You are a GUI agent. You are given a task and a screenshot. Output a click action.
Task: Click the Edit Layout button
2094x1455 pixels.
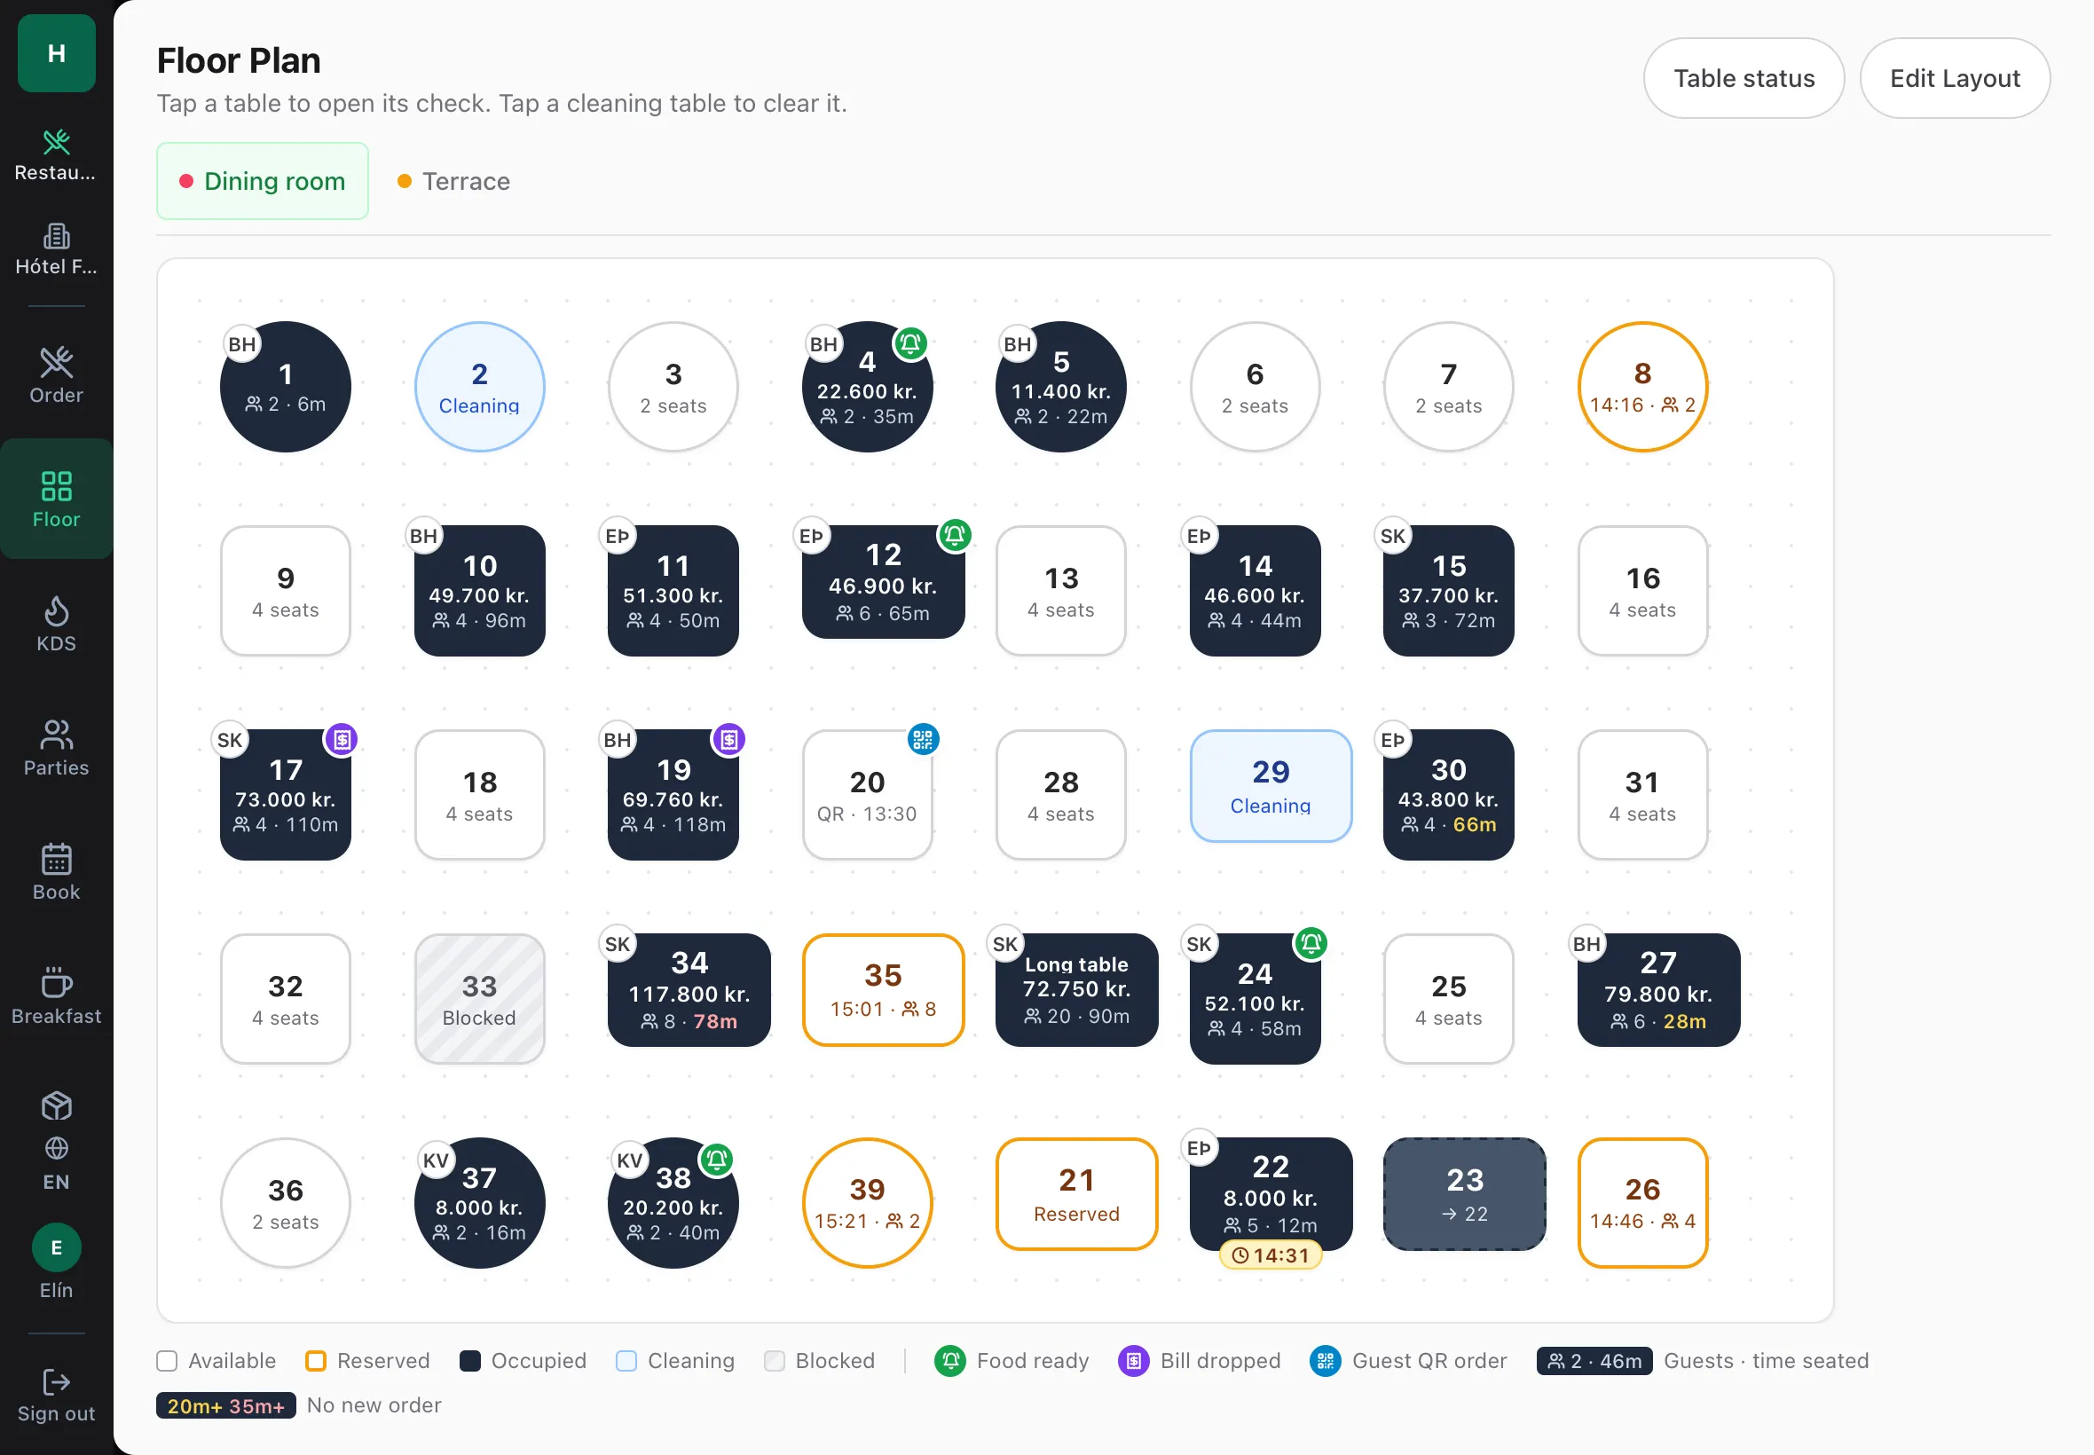[x=1955, y=78]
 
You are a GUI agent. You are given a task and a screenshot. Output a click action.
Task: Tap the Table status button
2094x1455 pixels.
[x=1743, y=78]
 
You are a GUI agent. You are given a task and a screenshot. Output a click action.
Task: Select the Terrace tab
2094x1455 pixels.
[x=454, y=181]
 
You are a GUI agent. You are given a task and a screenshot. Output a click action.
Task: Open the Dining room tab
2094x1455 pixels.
[x=263, y=181]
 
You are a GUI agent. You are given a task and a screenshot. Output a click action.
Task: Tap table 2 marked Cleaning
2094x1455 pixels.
[x=479, y=387]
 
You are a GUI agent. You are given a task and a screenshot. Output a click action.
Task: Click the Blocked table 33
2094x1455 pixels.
[x=479, y=998]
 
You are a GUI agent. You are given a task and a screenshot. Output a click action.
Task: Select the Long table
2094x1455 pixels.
[x=1076, y=989]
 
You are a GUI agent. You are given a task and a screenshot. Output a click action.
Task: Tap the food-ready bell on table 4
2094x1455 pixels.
[x=910, y=343]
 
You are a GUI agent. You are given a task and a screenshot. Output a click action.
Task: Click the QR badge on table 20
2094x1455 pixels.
[x=923, y=739]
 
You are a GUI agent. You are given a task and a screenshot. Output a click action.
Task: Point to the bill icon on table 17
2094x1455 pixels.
[x=342, y=739]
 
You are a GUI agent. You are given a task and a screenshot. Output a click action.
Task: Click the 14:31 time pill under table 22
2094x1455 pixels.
[x=1271, y=1255]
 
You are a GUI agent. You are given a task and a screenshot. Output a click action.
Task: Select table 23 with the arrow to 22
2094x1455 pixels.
[x=1464, y=1193]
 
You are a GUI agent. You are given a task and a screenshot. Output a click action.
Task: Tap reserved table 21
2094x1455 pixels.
[x=1076, y=1193]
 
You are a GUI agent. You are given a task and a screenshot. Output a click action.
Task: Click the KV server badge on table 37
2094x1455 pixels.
[x=436, y=1160]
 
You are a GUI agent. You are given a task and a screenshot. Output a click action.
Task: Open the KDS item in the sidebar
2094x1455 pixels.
[x=57, y=625]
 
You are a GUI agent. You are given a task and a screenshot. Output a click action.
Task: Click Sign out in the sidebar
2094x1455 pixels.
[x=57, y=1396]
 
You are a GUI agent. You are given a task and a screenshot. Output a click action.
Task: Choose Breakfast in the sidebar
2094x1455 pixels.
[x=57, y=996]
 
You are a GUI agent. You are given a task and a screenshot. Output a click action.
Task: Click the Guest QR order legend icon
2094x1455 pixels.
[x=1326, y=1361]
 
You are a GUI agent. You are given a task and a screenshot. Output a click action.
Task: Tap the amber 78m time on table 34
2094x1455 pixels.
[x=716, y=1022]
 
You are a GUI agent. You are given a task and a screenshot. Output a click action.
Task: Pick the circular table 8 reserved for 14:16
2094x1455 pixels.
[x=1642, y=387]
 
